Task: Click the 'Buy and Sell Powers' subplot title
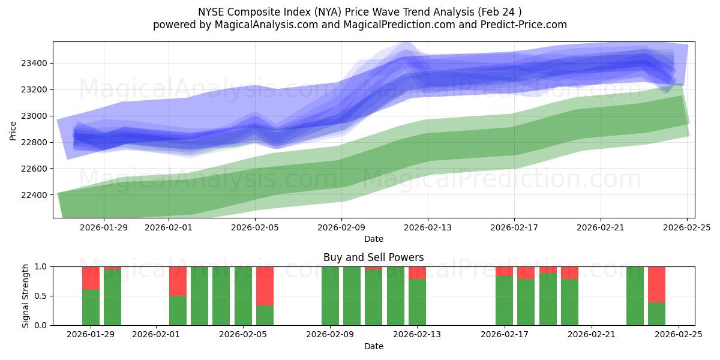tap(373, 257)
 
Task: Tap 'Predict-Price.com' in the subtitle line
tap(523, 25)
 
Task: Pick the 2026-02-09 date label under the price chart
tap(341, 227)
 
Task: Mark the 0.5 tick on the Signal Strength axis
tap(41, 296)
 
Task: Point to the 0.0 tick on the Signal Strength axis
tap(41, 325)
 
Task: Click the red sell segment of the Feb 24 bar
tap(656, 284)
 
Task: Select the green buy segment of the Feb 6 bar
tap(265, 315)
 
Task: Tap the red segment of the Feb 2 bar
tap(178, 281)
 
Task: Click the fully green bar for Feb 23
tap(635, 296)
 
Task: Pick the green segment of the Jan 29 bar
tap(91, 307)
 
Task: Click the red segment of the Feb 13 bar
tap(417, 272)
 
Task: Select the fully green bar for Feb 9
tap(330, 296)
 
